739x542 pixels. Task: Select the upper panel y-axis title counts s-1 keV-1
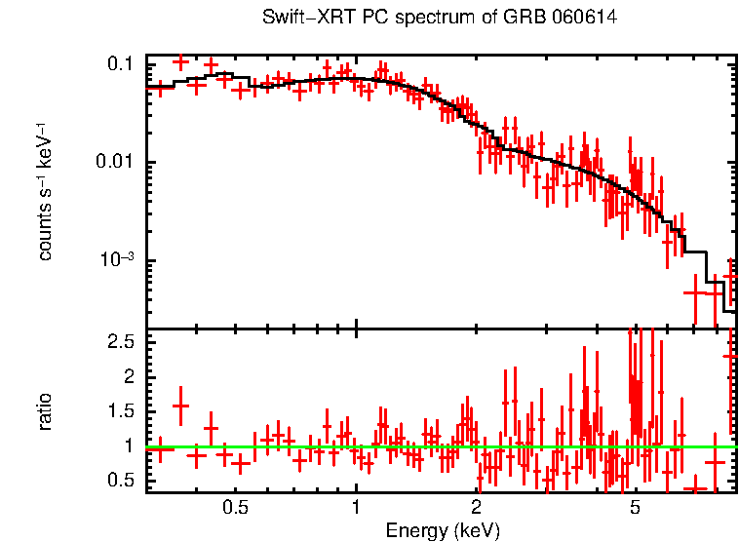point(45,191)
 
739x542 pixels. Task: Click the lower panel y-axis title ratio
point(45,411)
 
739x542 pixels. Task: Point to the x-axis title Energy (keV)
point(443,530)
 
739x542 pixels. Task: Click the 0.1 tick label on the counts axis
point(120,64)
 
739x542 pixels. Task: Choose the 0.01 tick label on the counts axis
point(115,163)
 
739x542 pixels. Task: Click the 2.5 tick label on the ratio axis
point(120,342)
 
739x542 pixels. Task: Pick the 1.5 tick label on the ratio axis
point(120,411)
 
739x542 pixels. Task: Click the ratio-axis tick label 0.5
point(120,481)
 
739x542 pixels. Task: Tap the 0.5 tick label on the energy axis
point(235,508)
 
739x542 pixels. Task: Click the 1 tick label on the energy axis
point(356,508)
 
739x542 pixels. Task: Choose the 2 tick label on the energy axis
point(477,508)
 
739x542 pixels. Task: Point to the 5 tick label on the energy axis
point(635,508)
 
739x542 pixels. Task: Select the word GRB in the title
point(524,19)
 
